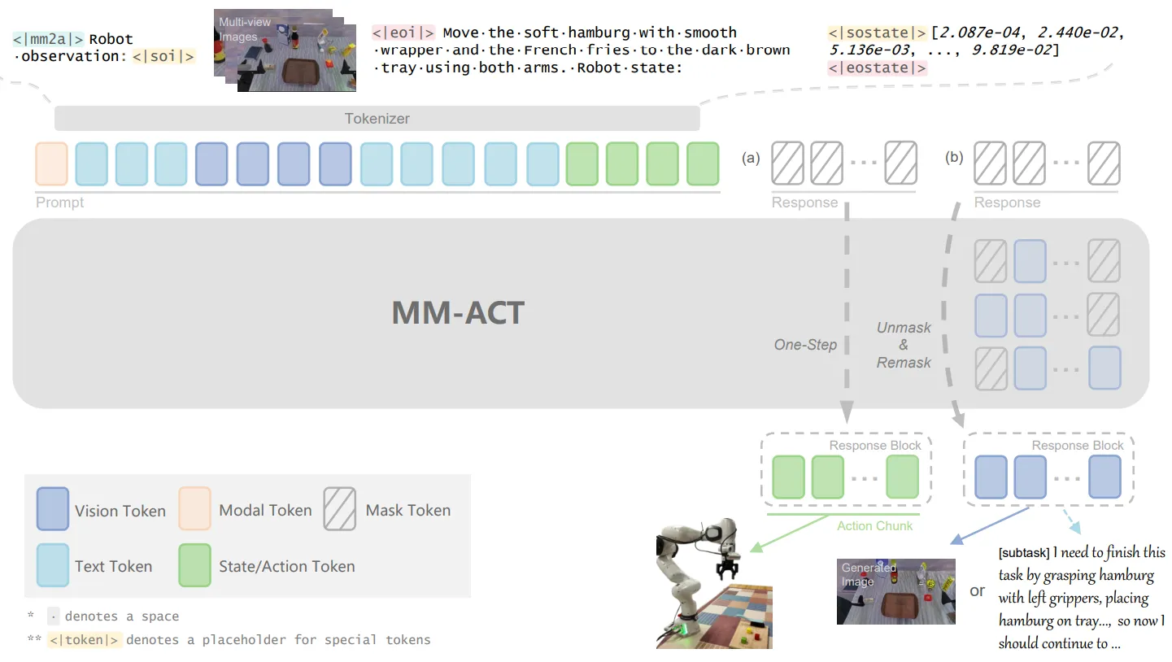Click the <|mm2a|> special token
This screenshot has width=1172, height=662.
48,38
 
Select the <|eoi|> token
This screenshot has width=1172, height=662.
403,33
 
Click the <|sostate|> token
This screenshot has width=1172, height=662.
877,33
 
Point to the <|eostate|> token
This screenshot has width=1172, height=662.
877,68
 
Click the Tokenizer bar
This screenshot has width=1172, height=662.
377,119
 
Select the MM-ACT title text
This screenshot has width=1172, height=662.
458,312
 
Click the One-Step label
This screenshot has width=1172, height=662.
805,345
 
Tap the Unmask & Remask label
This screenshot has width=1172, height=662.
904,345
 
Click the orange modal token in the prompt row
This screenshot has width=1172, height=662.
51,163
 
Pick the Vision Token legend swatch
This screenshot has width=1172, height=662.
52,509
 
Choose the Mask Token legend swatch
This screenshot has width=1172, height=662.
339,509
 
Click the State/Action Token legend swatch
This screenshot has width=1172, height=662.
194,565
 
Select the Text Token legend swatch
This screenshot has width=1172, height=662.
52,565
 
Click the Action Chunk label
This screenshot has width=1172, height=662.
874,526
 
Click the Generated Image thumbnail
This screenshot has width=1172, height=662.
895,591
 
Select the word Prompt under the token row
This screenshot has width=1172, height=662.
59,203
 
